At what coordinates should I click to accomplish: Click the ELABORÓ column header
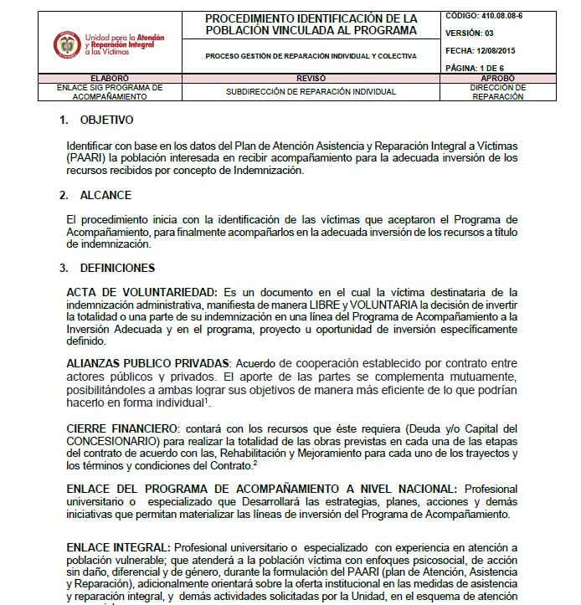pyautogui.click(x=104, y=77)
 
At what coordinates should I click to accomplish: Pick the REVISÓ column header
pyautogui.click(x=311, y=77)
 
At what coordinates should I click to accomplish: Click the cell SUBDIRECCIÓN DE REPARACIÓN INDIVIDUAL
pyautogui.click(x=311, y=92)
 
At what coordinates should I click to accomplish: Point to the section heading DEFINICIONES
pyautogui.click(x=117, y=268)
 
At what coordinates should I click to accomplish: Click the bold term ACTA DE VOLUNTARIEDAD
pyautogui.click(x=141, y=291)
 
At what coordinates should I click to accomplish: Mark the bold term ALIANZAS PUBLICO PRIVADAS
pyautogui.click(x=148, y=364)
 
